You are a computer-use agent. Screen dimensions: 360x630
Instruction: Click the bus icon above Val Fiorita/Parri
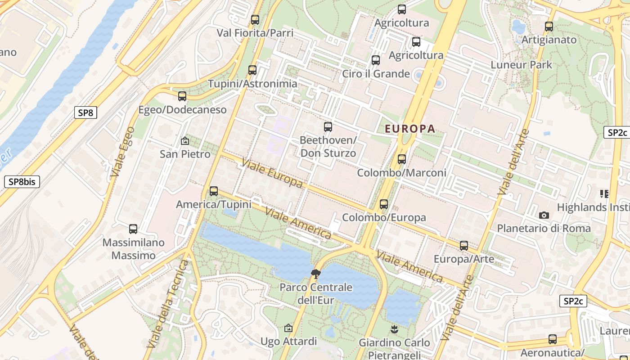pos(255,20)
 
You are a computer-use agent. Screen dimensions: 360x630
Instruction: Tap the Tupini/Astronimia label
pos(252,84)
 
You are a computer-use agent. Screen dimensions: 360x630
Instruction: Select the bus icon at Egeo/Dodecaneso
pos(182,96)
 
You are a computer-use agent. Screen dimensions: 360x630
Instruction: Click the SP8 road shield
pos(85,112)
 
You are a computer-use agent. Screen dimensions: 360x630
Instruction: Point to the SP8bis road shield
pos(22,182)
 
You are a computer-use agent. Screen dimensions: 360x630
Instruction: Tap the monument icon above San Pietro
pos(184,141)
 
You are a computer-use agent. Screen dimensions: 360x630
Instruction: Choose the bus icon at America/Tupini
pos(214,191)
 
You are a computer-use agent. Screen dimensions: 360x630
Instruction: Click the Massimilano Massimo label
pos(133,249)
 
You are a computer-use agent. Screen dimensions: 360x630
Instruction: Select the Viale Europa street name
pos(272,173)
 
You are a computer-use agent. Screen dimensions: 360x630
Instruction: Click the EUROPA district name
pos(410,129)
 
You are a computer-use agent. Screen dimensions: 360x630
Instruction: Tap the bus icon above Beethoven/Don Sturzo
pos(328,127)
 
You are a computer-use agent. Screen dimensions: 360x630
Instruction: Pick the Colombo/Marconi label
pos(401,173)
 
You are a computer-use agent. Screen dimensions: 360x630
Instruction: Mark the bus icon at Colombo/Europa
pos(384,204)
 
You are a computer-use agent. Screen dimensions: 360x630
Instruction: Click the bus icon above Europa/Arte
pos(464,246)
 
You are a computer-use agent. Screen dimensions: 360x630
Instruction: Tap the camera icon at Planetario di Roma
pos(544,216)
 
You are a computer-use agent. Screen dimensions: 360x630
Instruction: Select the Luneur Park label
pos(521,65)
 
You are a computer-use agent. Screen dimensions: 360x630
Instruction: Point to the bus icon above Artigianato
pos(549,27)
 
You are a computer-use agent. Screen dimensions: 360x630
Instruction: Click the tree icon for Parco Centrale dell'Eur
pos(316,274)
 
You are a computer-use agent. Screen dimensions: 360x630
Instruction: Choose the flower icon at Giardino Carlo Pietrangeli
pos(394,329)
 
